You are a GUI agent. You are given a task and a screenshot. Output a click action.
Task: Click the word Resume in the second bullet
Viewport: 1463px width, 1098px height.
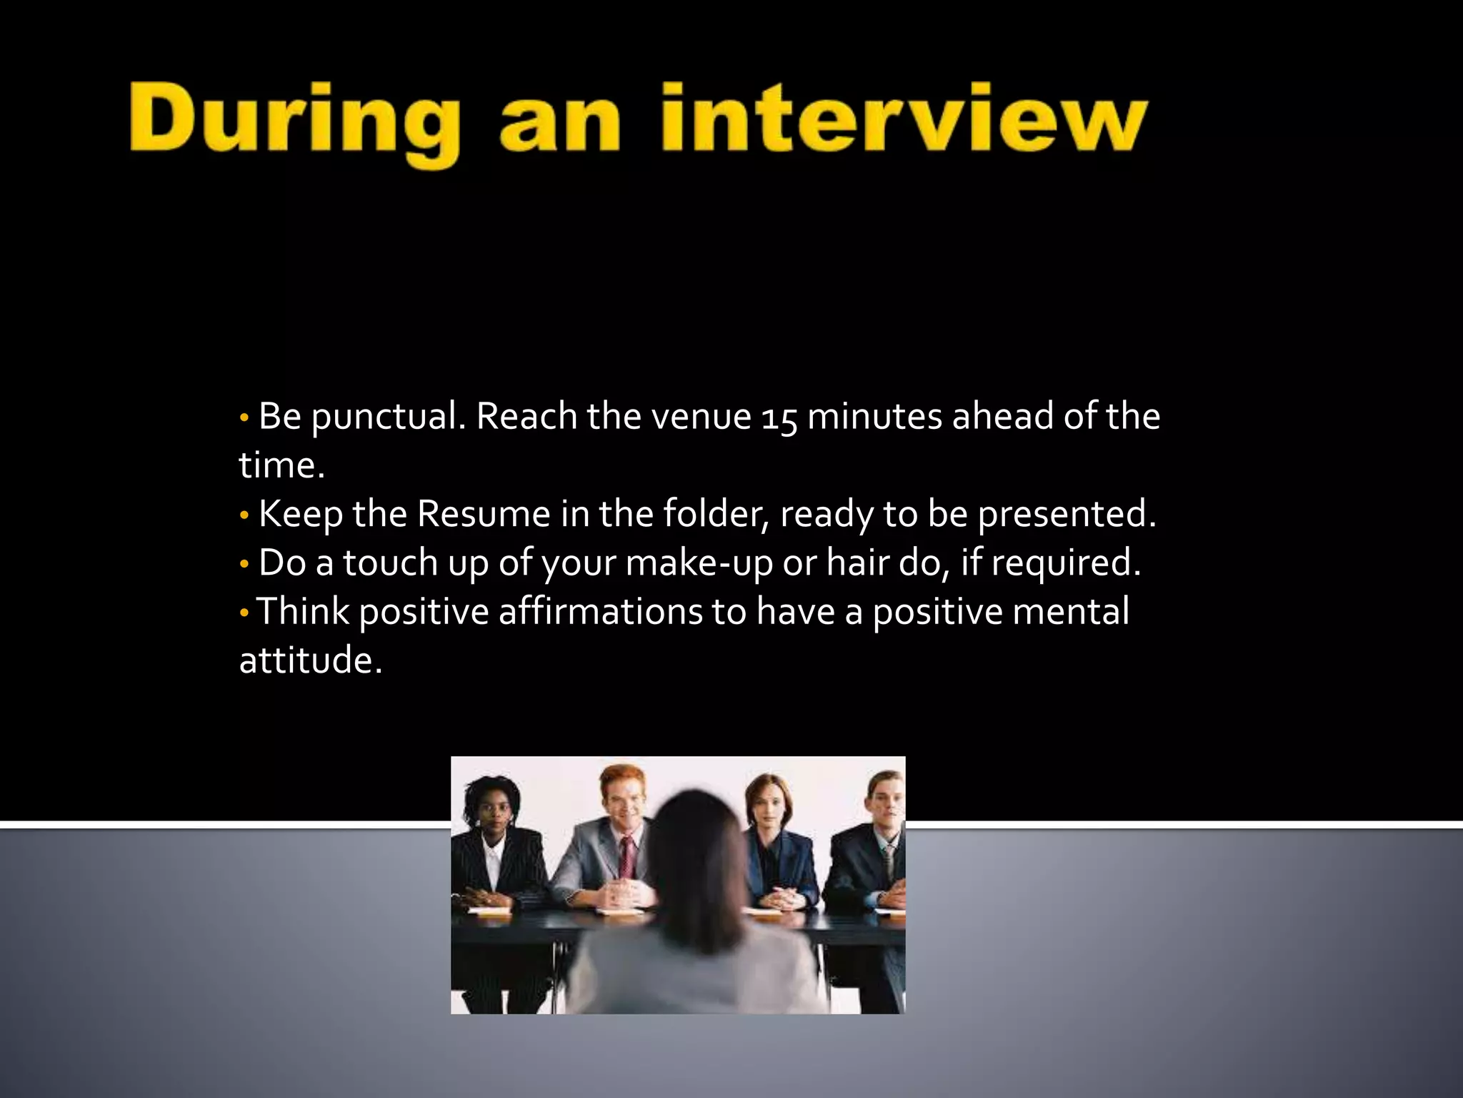tap(484, 514)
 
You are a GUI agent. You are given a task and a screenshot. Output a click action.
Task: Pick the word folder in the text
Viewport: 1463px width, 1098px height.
tap(715, 514)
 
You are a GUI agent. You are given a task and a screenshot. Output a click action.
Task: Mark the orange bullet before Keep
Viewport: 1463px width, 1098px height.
tap(244, 514)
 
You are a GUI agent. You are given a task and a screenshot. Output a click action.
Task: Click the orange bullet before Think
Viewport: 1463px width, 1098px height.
tap(244, 612)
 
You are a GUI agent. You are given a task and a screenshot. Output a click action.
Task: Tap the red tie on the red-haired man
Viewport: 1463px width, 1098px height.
tap(627, 858)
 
